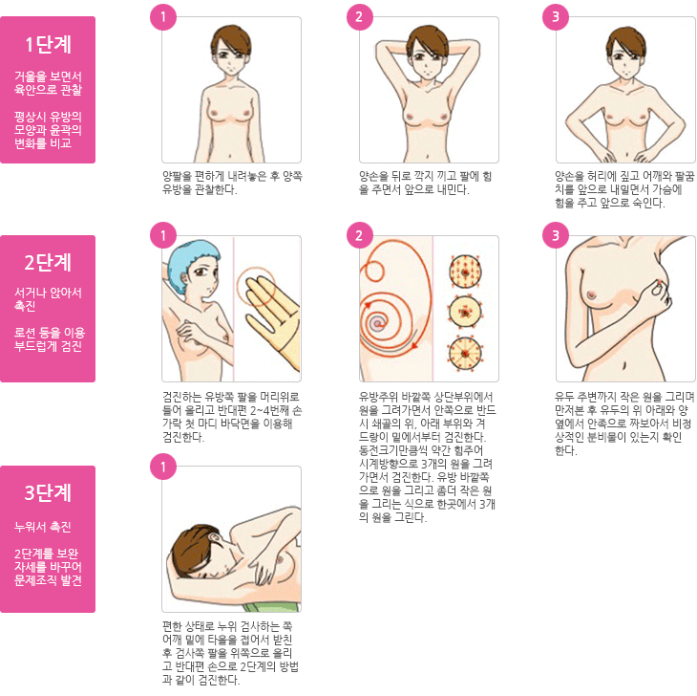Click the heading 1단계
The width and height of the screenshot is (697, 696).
[x=48, y=45]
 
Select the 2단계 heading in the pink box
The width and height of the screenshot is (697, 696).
[x=48, y=262]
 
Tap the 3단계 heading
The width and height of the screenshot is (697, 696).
[x=48, y=492]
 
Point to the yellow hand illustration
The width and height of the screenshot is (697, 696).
[x=271, y=312]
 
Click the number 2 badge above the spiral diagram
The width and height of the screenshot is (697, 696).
[x=359, y=235]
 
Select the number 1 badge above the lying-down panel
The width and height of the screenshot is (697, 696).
[x=163, y=467]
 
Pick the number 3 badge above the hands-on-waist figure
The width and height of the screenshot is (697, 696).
[x=556, y=17]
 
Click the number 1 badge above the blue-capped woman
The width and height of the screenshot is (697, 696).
[x=163, y=235]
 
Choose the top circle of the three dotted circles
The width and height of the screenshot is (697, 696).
[x=465, y=272]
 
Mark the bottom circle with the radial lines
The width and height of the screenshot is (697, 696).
[x=465, y=354]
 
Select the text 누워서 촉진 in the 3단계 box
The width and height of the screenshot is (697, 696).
[x=43, y=527]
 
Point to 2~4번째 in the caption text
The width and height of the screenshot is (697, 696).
[x=265, y=410]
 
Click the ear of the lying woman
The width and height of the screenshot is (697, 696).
[x=214, y=537]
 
